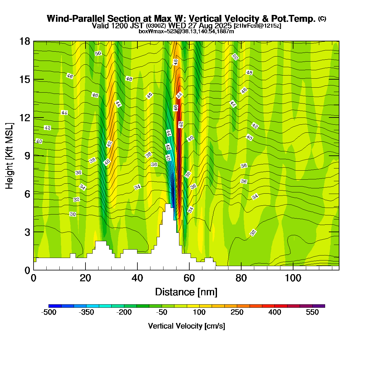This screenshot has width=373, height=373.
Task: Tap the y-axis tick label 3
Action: click(27, 232)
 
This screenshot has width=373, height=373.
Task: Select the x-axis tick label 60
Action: click(189, 278)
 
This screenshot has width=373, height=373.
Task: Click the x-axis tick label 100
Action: click(293, 278)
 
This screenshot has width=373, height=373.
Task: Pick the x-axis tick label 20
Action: click(85, 278)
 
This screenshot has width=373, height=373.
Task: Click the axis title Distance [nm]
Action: click(186, 292)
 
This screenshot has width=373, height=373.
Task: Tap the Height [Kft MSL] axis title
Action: click(9, 156)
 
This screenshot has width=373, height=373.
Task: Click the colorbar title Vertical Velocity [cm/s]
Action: click(186, 326)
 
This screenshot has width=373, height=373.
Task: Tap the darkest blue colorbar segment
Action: click(55, 306)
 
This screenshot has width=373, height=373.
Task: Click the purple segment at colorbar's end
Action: click(319, 306)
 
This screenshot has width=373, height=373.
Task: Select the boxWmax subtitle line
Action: click(186, 31)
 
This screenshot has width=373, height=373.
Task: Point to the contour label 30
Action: click(73, 214)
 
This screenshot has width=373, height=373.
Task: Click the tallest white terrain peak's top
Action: click(168, 205)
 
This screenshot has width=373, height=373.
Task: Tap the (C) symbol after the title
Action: click(322, 19)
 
